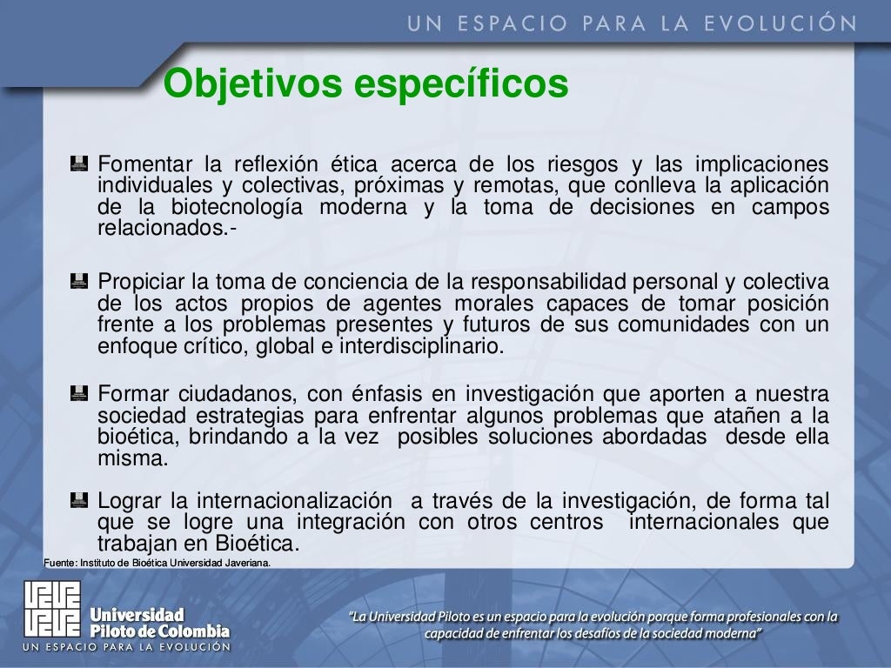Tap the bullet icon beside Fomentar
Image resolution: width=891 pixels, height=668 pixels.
pos(79,162)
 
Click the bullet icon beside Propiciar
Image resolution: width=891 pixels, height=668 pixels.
pos(79,280)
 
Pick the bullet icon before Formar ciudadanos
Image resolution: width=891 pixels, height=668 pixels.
pos(79,392)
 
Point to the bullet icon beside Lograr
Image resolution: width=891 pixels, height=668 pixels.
pos(79,499)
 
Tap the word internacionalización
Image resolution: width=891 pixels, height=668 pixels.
pos(294,501)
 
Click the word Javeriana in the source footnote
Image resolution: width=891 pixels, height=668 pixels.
pos(247,563)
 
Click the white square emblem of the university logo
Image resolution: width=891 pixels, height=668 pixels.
pos(52,608)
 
